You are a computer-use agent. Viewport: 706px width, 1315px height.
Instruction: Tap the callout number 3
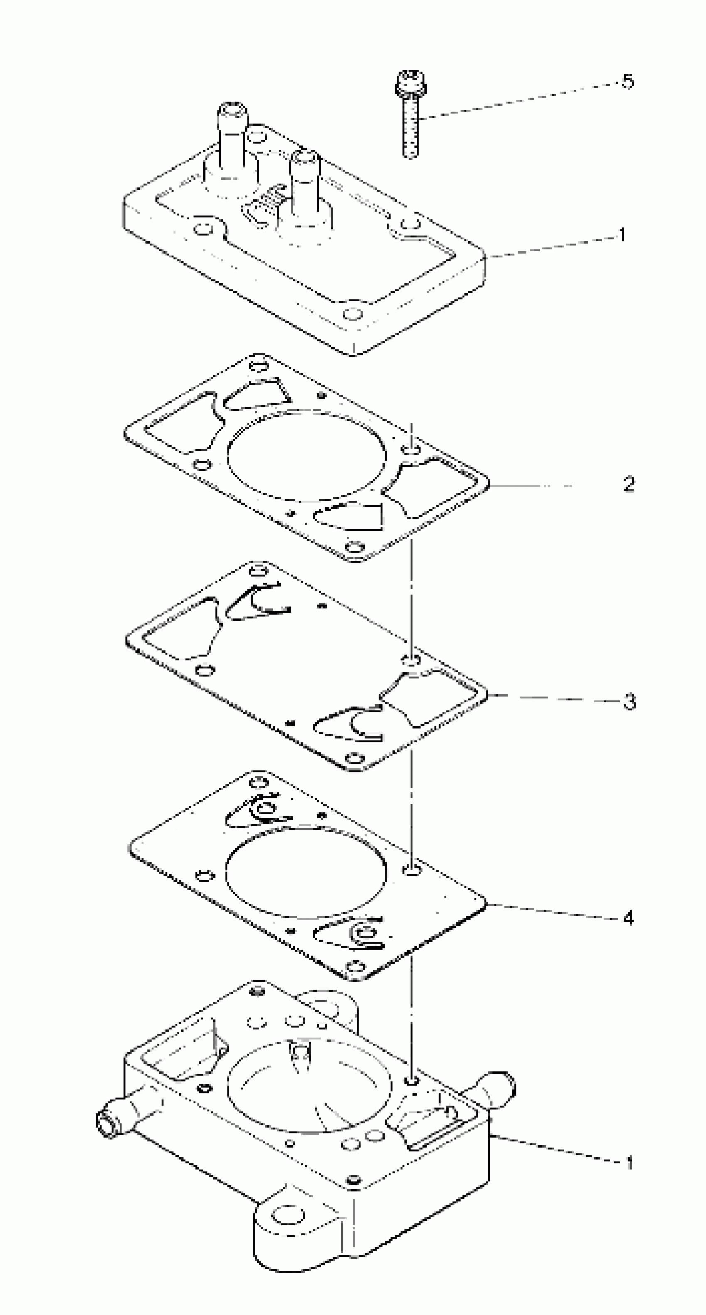630,702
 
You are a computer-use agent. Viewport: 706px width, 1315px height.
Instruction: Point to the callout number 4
628,919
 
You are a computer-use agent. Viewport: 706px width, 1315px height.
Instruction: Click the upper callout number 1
622,235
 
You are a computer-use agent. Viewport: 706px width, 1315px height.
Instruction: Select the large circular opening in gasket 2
306,456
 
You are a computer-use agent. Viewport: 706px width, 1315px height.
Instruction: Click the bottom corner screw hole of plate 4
355,966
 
